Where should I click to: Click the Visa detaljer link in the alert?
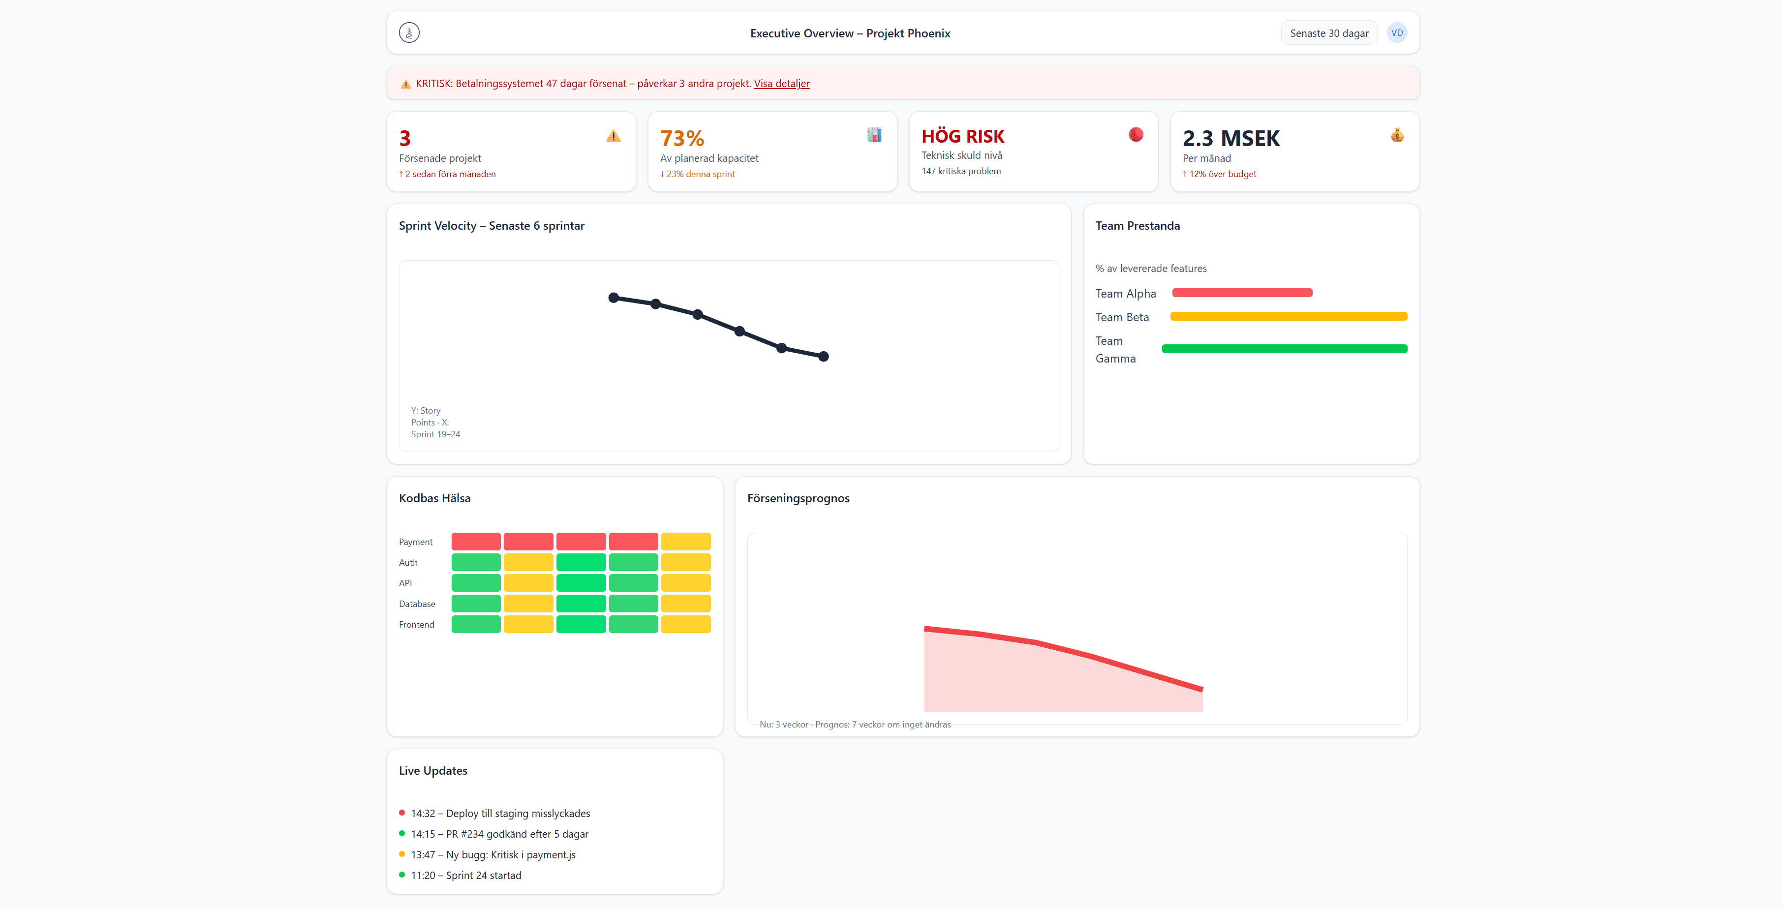pyautogui.click(x=781, y=84)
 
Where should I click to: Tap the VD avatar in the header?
pyautogui.click(x=1397, y=33)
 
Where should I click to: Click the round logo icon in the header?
pyautogui.click(x=409, y=32)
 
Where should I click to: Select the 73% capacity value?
pyautogui.click(x=682, y=138)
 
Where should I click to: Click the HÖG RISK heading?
pyautogui.click(x=962, y=136)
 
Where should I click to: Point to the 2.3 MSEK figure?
pyautogui.click(x=1230, y=138)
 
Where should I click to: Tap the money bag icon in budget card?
pyautogui.click(x=1397, y=135)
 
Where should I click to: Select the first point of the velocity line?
pyautogui.click(x=613, y=298)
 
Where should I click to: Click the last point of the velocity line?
pyautogui.click(x=824, y=356)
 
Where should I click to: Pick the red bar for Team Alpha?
pyautogui.click(x=1242, y=293)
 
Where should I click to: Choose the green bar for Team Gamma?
pyautogui.click(x=1284, y=349)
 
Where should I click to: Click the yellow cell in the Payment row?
pyautogui.click(x=685, y=541)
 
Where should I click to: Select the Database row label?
pyautogui.click(x=417, y=604)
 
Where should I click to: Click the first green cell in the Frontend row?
pyautogui.click(x=475, y=624)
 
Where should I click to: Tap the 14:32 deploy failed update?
pyautogui.click(x=500, y=814)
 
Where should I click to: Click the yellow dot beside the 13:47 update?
pyautogui.click(x=401, y=853)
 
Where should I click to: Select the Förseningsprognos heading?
pyautogui.click(x=798, y=498)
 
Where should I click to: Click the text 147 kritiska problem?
pyautogui.click(x=961, y=171)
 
